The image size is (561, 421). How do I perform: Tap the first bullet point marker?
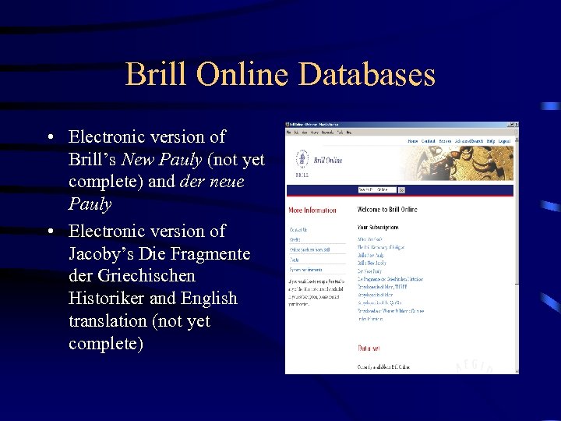[49, 138]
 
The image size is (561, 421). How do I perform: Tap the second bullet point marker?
[49, 232]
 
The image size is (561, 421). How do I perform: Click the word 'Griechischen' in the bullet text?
[145, 276]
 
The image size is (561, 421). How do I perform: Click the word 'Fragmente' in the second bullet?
[212, 253]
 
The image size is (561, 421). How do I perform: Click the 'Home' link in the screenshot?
[413, 141]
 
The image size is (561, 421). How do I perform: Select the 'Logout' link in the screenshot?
[504, 141]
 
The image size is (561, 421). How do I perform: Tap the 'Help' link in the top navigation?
[490, 141]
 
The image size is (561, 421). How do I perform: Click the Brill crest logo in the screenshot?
[302, 160]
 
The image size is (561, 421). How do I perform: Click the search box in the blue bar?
[377, 189]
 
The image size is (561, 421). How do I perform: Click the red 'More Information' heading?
[312, 210]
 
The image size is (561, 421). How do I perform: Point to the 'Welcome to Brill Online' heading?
[387, 210]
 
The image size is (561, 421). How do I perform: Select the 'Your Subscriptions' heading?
[378, 228]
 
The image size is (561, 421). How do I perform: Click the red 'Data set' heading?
[369, 348]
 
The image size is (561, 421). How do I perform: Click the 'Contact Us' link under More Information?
[298, 230]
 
